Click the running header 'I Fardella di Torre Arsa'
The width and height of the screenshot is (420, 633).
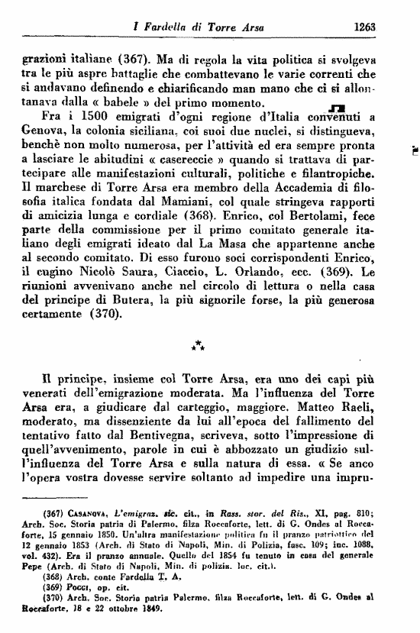pyautogui.click(x=198, y=27)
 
